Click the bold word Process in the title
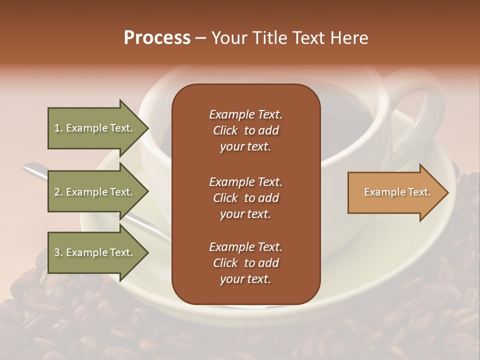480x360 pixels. [157, 38]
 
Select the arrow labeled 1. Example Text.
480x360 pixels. [95, 128]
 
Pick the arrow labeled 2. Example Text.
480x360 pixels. [95, 192]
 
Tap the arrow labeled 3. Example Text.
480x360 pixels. [95, 252]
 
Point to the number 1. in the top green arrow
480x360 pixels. [58, 128]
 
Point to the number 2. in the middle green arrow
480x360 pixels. [58, 192]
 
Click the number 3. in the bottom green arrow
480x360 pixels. [58, 252]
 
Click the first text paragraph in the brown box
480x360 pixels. [245, 130]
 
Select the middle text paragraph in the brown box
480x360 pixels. [245, 198]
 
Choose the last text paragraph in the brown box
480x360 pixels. [245, 263]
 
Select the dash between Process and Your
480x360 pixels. [200, 38]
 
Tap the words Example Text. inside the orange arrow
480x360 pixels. [397, 192]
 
